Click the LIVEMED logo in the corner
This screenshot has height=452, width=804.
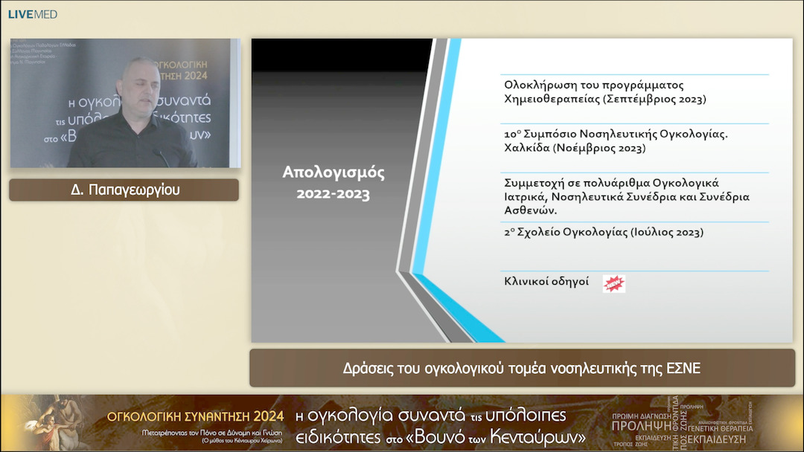tap(33, 14)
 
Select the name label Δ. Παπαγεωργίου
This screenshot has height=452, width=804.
tap(124, 190)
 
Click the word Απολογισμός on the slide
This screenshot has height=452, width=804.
tap(333, 173)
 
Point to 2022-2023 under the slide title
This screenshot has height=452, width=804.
tap(333, 194)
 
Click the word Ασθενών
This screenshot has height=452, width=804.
tap(529, 210)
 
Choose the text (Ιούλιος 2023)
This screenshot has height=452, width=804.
tap(666, 232)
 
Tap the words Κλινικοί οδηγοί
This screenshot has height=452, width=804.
tap(546, 282)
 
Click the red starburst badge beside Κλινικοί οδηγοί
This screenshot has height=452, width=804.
tap(614, 283)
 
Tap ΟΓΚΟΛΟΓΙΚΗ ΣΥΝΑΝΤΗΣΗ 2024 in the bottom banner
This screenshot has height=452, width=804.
tap(196, 416)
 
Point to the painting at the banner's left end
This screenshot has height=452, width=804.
tap(52, 423)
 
